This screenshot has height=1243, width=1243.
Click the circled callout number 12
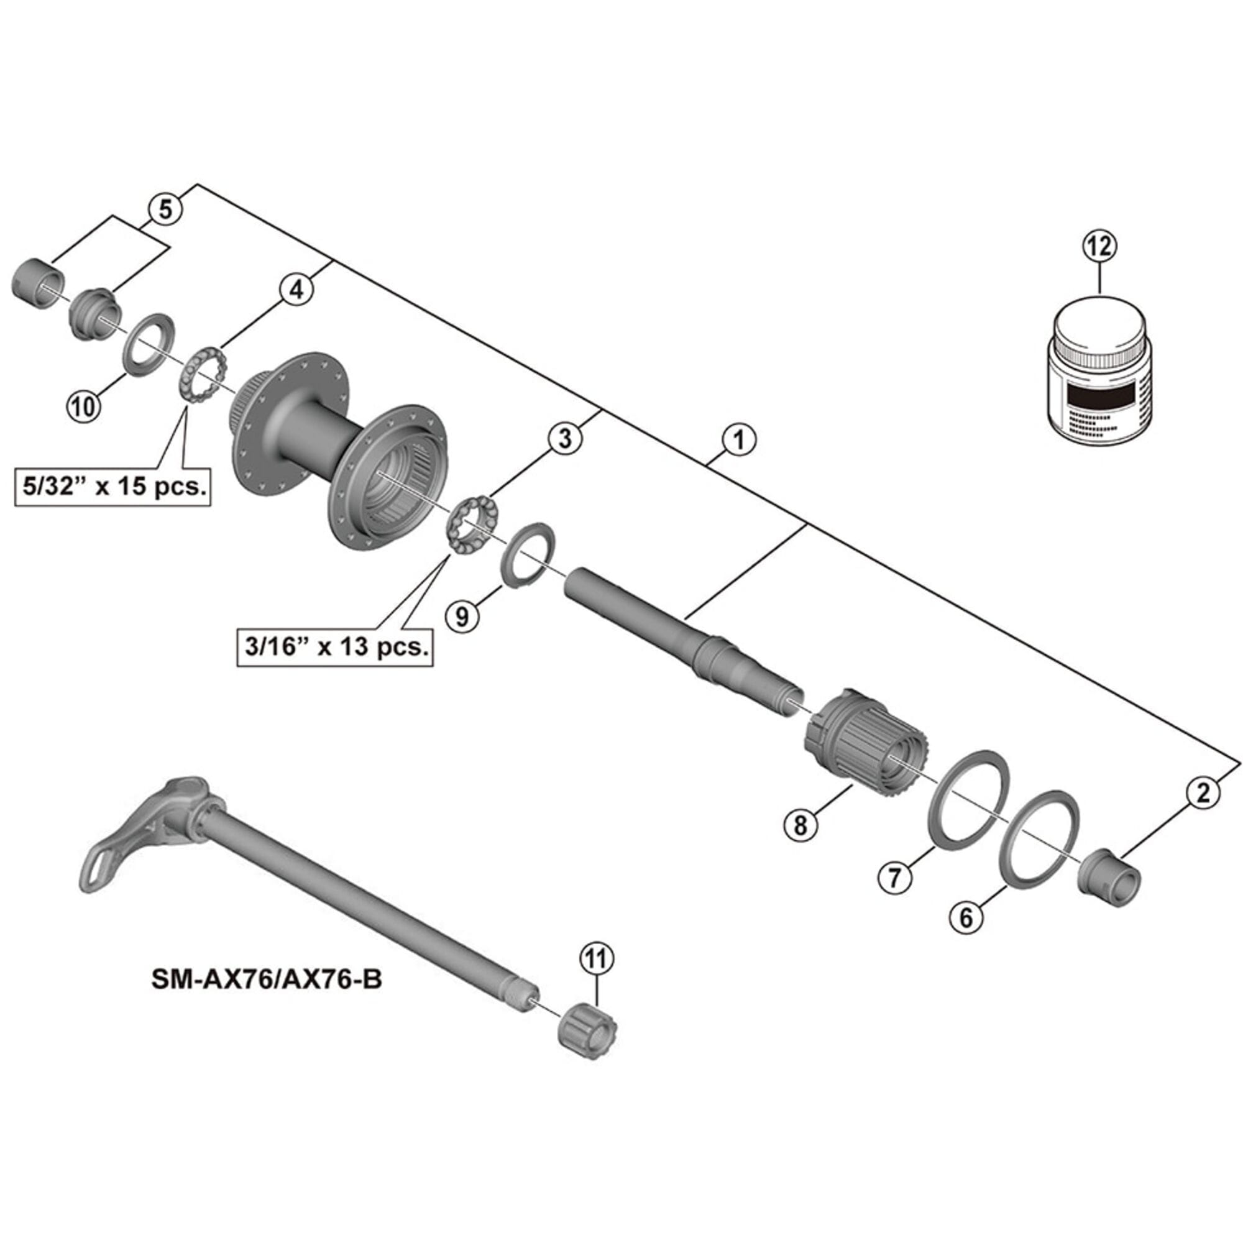coord(1099,246)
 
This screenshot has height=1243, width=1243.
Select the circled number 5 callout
coord(166,209)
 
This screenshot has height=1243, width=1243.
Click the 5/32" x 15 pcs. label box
coord(112,487)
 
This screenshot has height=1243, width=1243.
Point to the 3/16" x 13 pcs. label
coord(334,645)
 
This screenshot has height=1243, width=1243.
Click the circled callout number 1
coord(738,440)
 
